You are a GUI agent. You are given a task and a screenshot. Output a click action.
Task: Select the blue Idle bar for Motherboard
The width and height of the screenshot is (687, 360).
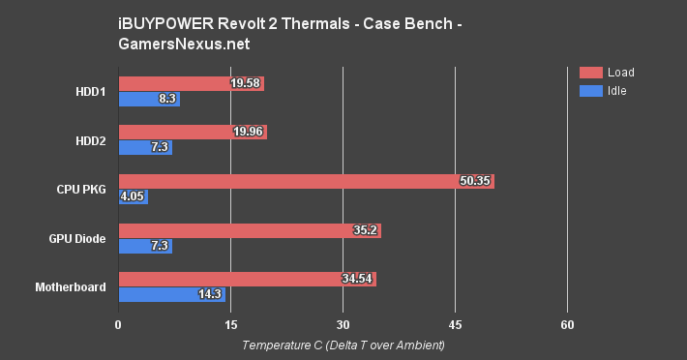[171, 294]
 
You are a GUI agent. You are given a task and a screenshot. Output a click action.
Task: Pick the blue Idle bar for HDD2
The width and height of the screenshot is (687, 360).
[145, 147]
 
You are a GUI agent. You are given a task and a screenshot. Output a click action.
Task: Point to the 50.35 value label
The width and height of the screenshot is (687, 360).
[474, 181]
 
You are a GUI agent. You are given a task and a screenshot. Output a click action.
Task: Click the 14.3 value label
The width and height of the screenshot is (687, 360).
[209, 294]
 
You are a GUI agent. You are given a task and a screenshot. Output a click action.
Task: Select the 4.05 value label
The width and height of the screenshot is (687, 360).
[132, 196]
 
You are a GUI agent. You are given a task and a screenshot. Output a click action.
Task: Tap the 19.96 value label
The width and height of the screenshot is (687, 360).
[248, 132]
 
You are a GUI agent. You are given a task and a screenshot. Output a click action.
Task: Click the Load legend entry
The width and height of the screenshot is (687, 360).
[620, 72]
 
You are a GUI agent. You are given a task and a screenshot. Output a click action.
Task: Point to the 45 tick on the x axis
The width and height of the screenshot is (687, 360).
[455, 324]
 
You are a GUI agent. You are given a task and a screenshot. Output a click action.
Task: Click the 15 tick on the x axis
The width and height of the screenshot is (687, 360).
[230, 324]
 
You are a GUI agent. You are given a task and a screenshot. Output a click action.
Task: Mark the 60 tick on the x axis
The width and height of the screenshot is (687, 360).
[568, 324]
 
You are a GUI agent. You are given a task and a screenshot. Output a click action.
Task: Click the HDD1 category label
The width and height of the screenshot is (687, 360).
[91, 91]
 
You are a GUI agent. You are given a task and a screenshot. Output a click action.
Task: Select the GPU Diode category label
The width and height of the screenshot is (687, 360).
[77, 238]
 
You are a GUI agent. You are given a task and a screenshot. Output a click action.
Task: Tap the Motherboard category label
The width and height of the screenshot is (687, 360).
[71, 286]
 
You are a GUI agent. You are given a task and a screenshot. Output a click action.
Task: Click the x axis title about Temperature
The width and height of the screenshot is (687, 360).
[343, 345]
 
